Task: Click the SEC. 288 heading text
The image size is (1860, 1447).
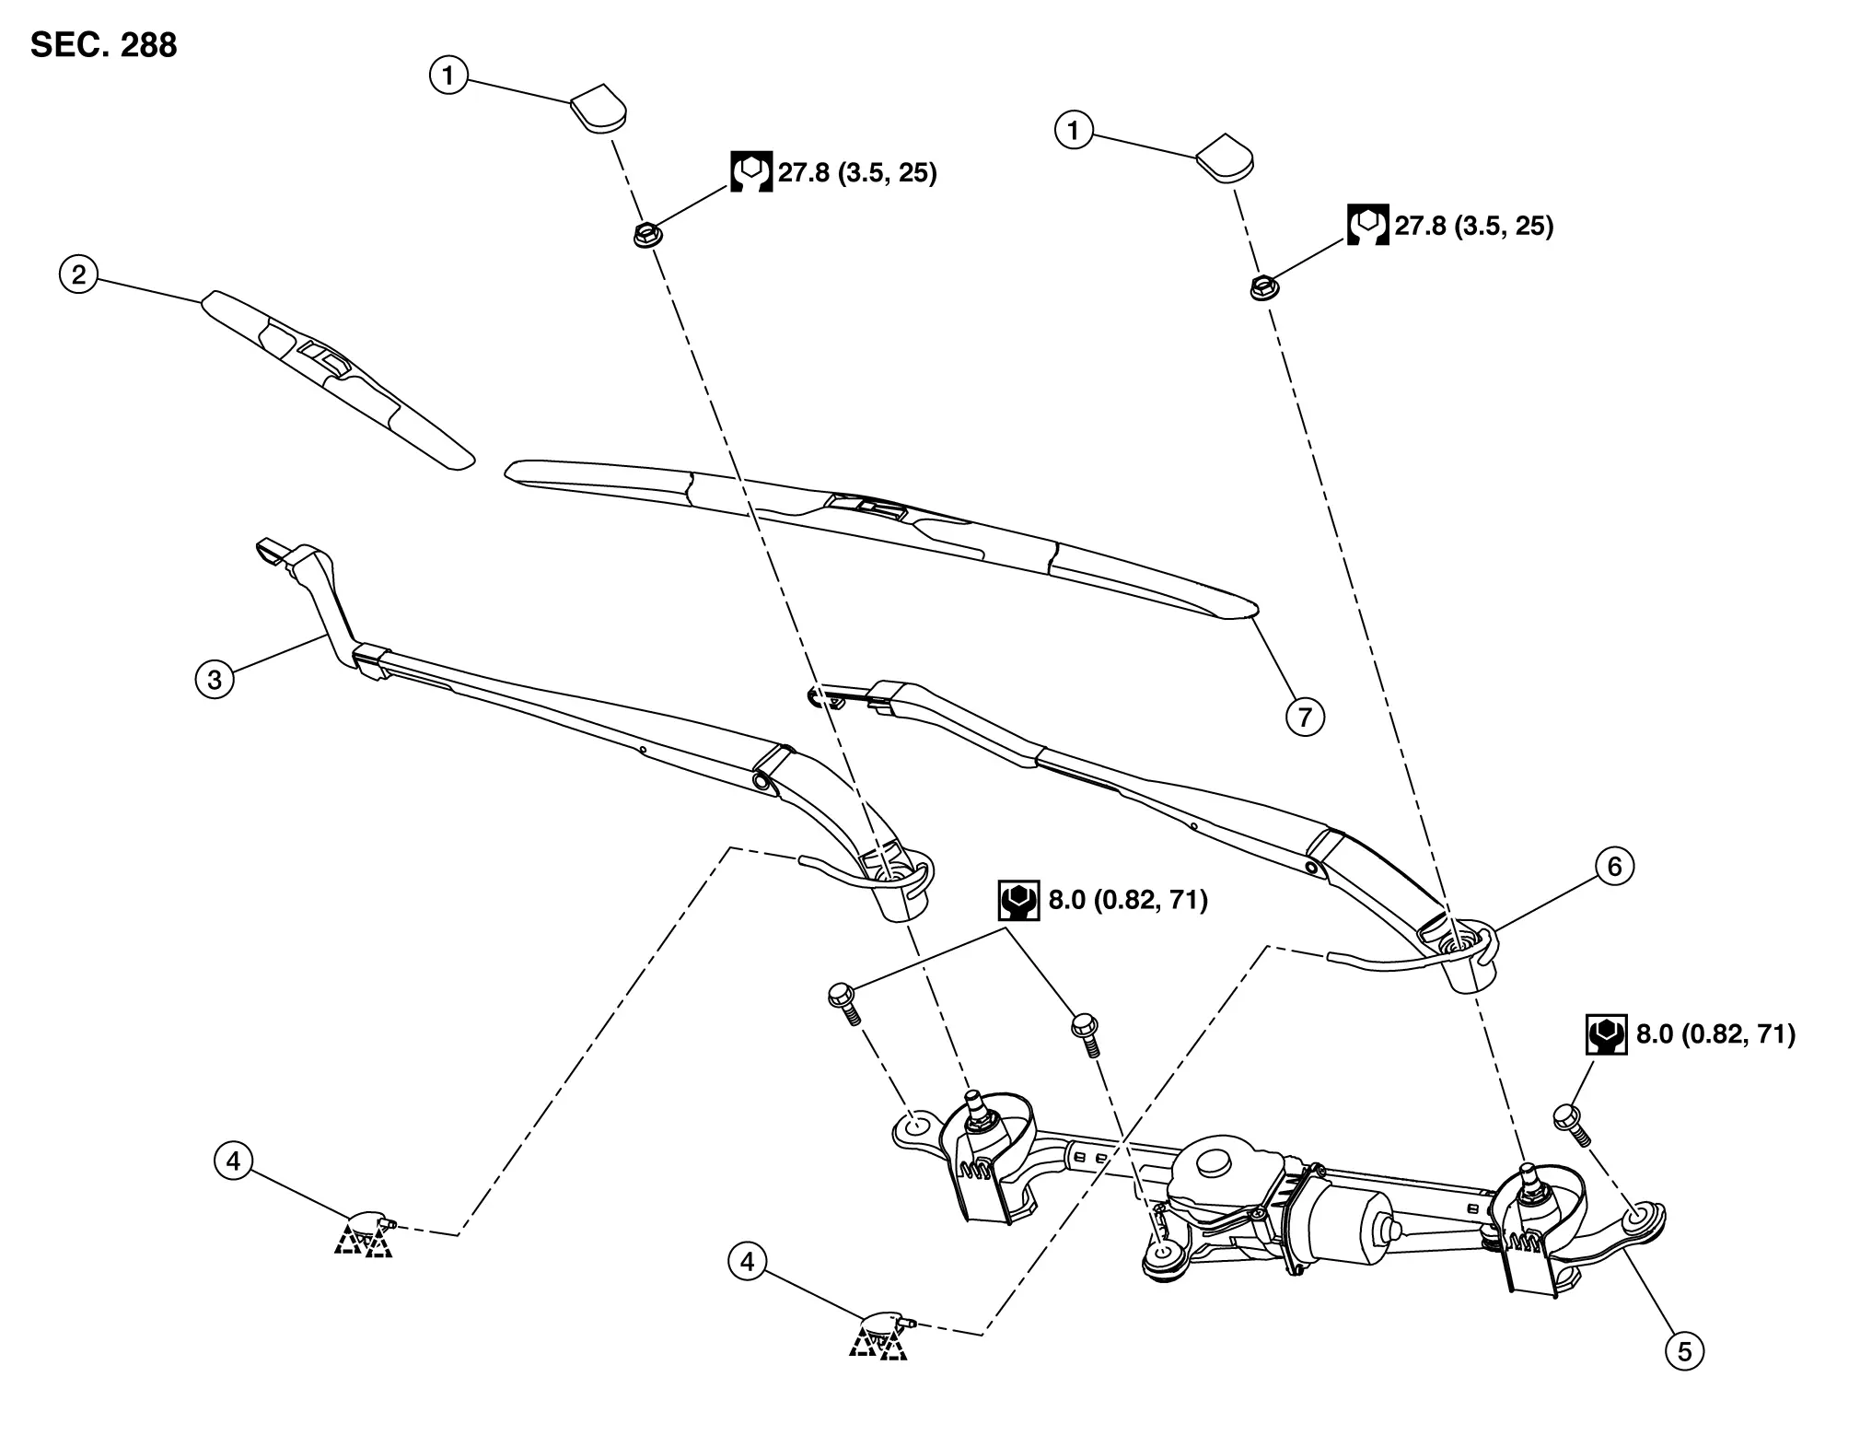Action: click(103, 45)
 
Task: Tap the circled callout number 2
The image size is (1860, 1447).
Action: click(78, 274)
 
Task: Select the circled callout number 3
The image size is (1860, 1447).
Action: click(215, 680)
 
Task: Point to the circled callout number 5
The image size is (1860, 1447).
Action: click(1684, 1351)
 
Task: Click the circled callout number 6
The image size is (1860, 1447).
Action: click(1614, 867)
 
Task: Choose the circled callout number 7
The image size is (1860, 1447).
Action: click(1305, 717)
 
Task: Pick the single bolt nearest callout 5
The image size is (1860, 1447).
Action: click(1569, 1124)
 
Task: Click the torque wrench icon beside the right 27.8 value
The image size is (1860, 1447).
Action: click(1367, 225)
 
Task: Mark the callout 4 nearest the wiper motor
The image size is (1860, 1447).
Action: click(747, 1261)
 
